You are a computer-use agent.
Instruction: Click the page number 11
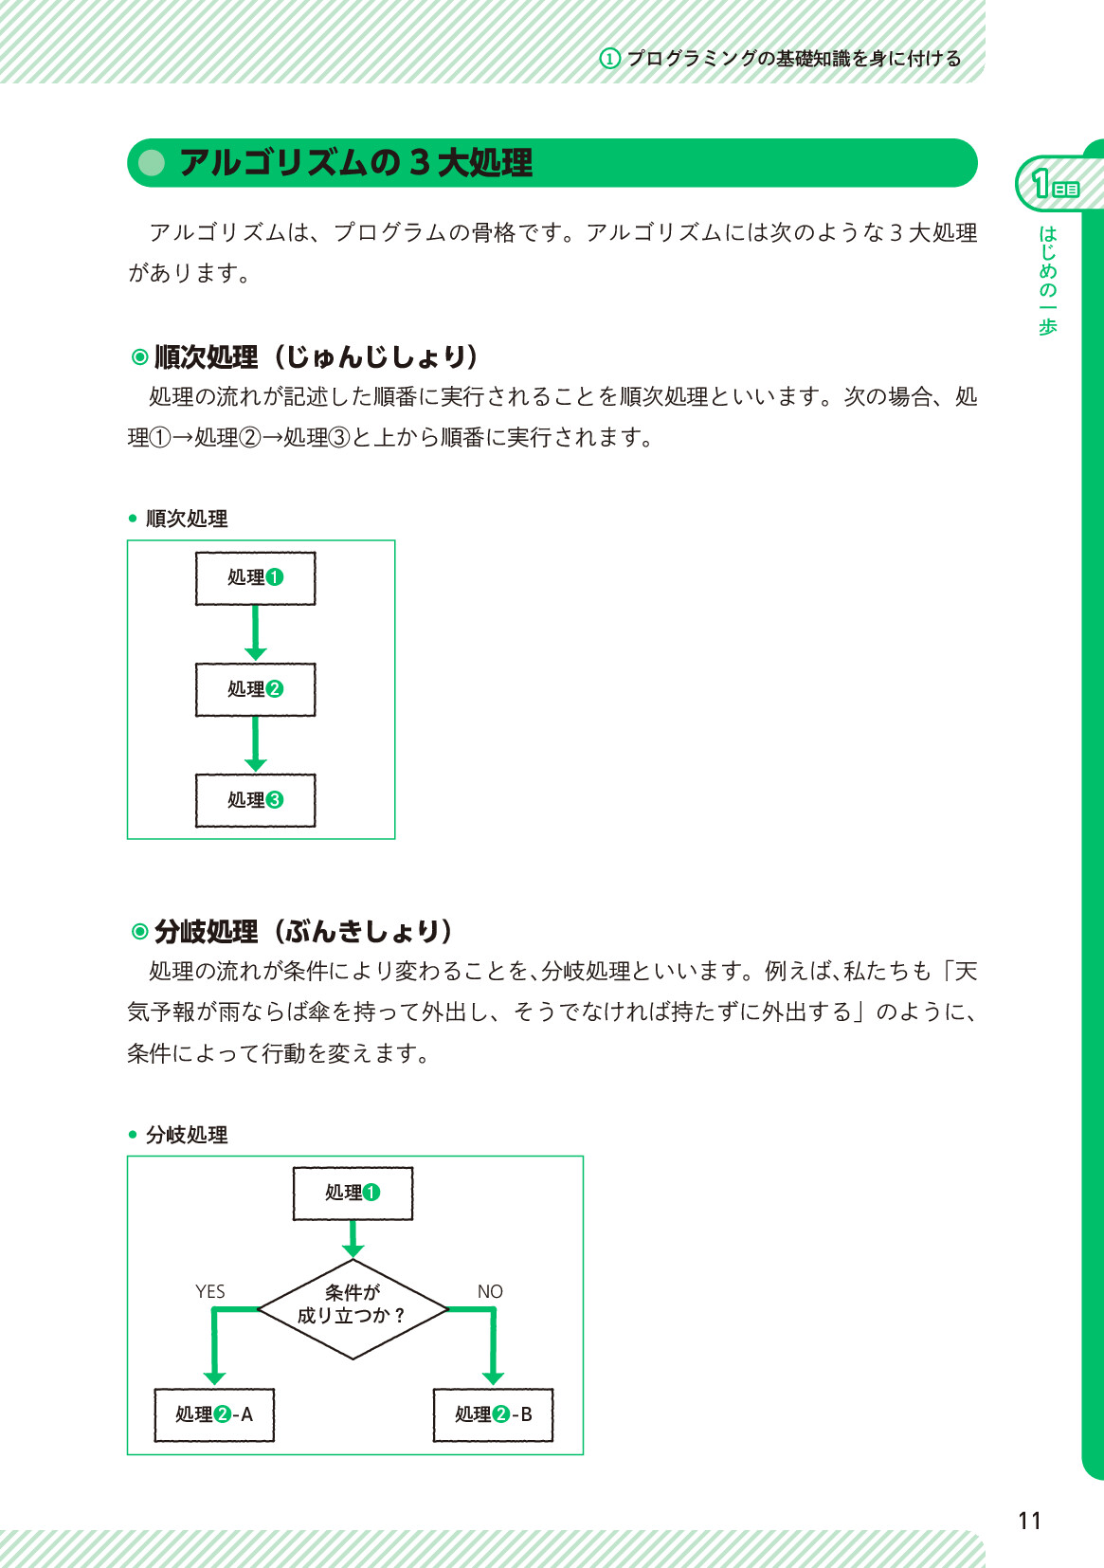[1029, 1521]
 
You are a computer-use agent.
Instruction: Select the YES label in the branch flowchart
[209, 1291]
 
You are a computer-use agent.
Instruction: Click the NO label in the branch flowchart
[490, 1291]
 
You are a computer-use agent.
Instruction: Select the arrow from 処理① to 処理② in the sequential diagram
[255, 633]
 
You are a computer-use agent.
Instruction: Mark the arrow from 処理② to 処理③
[255, 744]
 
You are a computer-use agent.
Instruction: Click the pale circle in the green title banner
[152, 163]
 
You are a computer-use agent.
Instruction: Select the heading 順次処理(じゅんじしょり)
[305, 357]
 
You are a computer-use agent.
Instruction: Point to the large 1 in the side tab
[1041, 184]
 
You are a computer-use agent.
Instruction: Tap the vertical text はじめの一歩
[1047, 280]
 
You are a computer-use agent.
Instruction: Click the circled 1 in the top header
[609, 58]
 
